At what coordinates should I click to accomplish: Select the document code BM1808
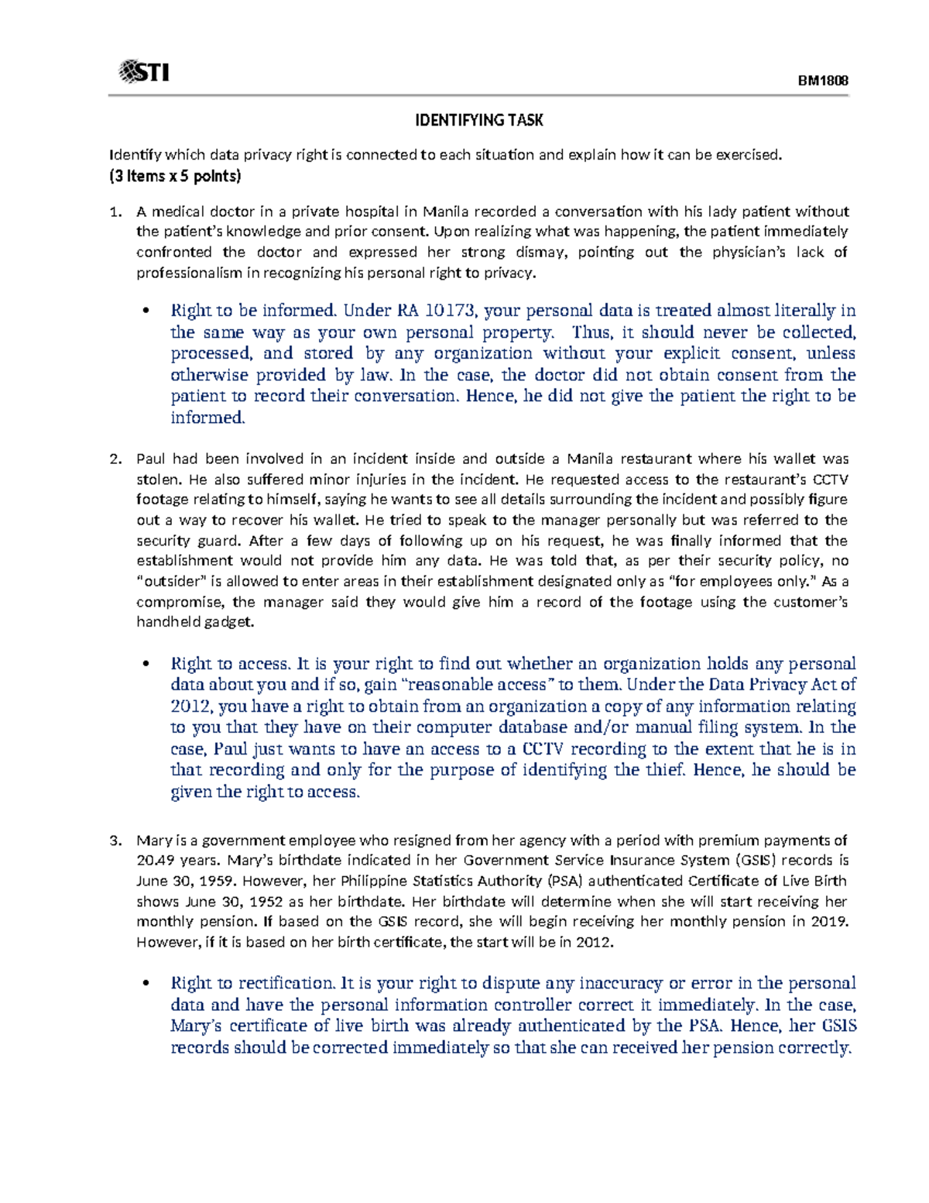(823, 81)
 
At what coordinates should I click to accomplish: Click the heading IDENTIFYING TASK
(478, 120)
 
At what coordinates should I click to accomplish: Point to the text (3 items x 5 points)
(175, 176)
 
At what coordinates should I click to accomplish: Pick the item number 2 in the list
(115, 459)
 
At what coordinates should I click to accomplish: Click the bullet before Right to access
(145, 665)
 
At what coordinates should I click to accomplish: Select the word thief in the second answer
(663, 770)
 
